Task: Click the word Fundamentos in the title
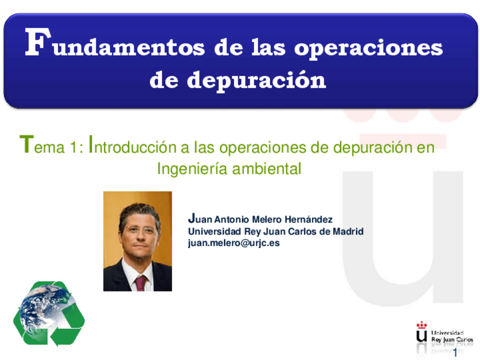coord(115,43)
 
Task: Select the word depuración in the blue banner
coord(256,80)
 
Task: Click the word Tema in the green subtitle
coord(42,144)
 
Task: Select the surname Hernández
coord(308,220)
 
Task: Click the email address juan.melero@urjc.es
coord(234,243)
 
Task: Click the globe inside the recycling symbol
coord(46,309)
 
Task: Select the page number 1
coord(456,352)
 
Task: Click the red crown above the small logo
coord(422,325)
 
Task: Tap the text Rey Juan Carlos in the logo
coord(452,340)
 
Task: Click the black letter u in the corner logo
coord(422,336)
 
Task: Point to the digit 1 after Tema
coord(73,147)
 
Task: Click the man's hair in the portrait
coord(139,213)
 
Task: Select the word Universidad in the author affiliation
coord(215,231)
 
